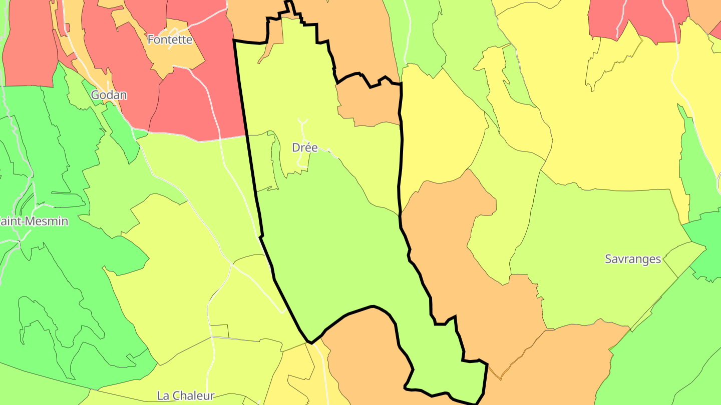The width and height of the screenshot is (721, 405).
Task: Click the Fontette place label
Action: click(x=170, y=39)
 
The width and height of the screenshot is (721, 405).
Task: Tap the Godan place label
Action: click(x=109, y=95)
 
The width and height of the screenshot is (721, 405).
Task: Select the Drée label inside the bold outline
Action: click(x=304, y=148)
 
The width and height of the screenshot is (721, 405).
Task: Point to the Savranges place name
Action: click(x=633, y=259)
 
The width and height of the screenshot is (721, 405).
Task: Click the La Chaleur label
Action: click(x=186, y=395)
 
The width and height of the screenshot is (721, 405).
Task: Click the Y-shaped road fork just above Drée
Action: click(x=302, y=122)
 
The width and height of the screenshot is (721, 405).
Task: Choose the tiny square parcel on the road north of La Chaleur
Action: click(x=219, y=331)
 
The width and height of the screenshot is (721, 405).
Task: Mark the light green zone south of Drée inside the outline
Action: click(x=340, y=250)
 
